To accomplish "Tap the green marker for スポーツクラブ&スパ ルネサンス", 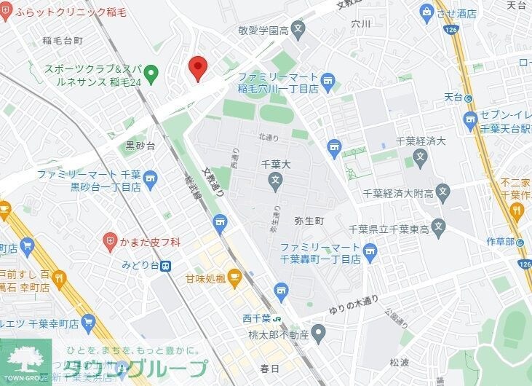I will tap(151, 72).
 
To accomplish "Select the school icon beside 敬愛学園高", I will tap(298, 31).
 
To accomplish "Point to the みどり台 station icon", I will tap(166, 267).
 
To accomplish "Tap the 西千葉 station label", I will tap(256, 318).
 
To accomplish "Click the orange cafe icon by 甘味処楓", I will tap(234, 276).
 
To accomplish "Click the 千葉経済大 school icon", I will tap(419, 155).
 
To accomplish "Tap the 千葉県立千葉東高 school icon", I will tap(439, 229).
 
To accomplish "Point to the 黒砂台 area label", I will tap(140, 146).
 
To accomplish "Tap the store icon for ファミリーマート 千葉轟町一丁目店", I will tap(370, 253).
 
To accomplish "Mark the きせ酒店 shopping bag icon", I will tap(427, 12).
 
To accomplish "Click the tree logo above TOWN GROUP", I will tap(25, 358).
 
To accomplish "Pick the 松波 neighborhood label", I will tap(400, 361).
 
